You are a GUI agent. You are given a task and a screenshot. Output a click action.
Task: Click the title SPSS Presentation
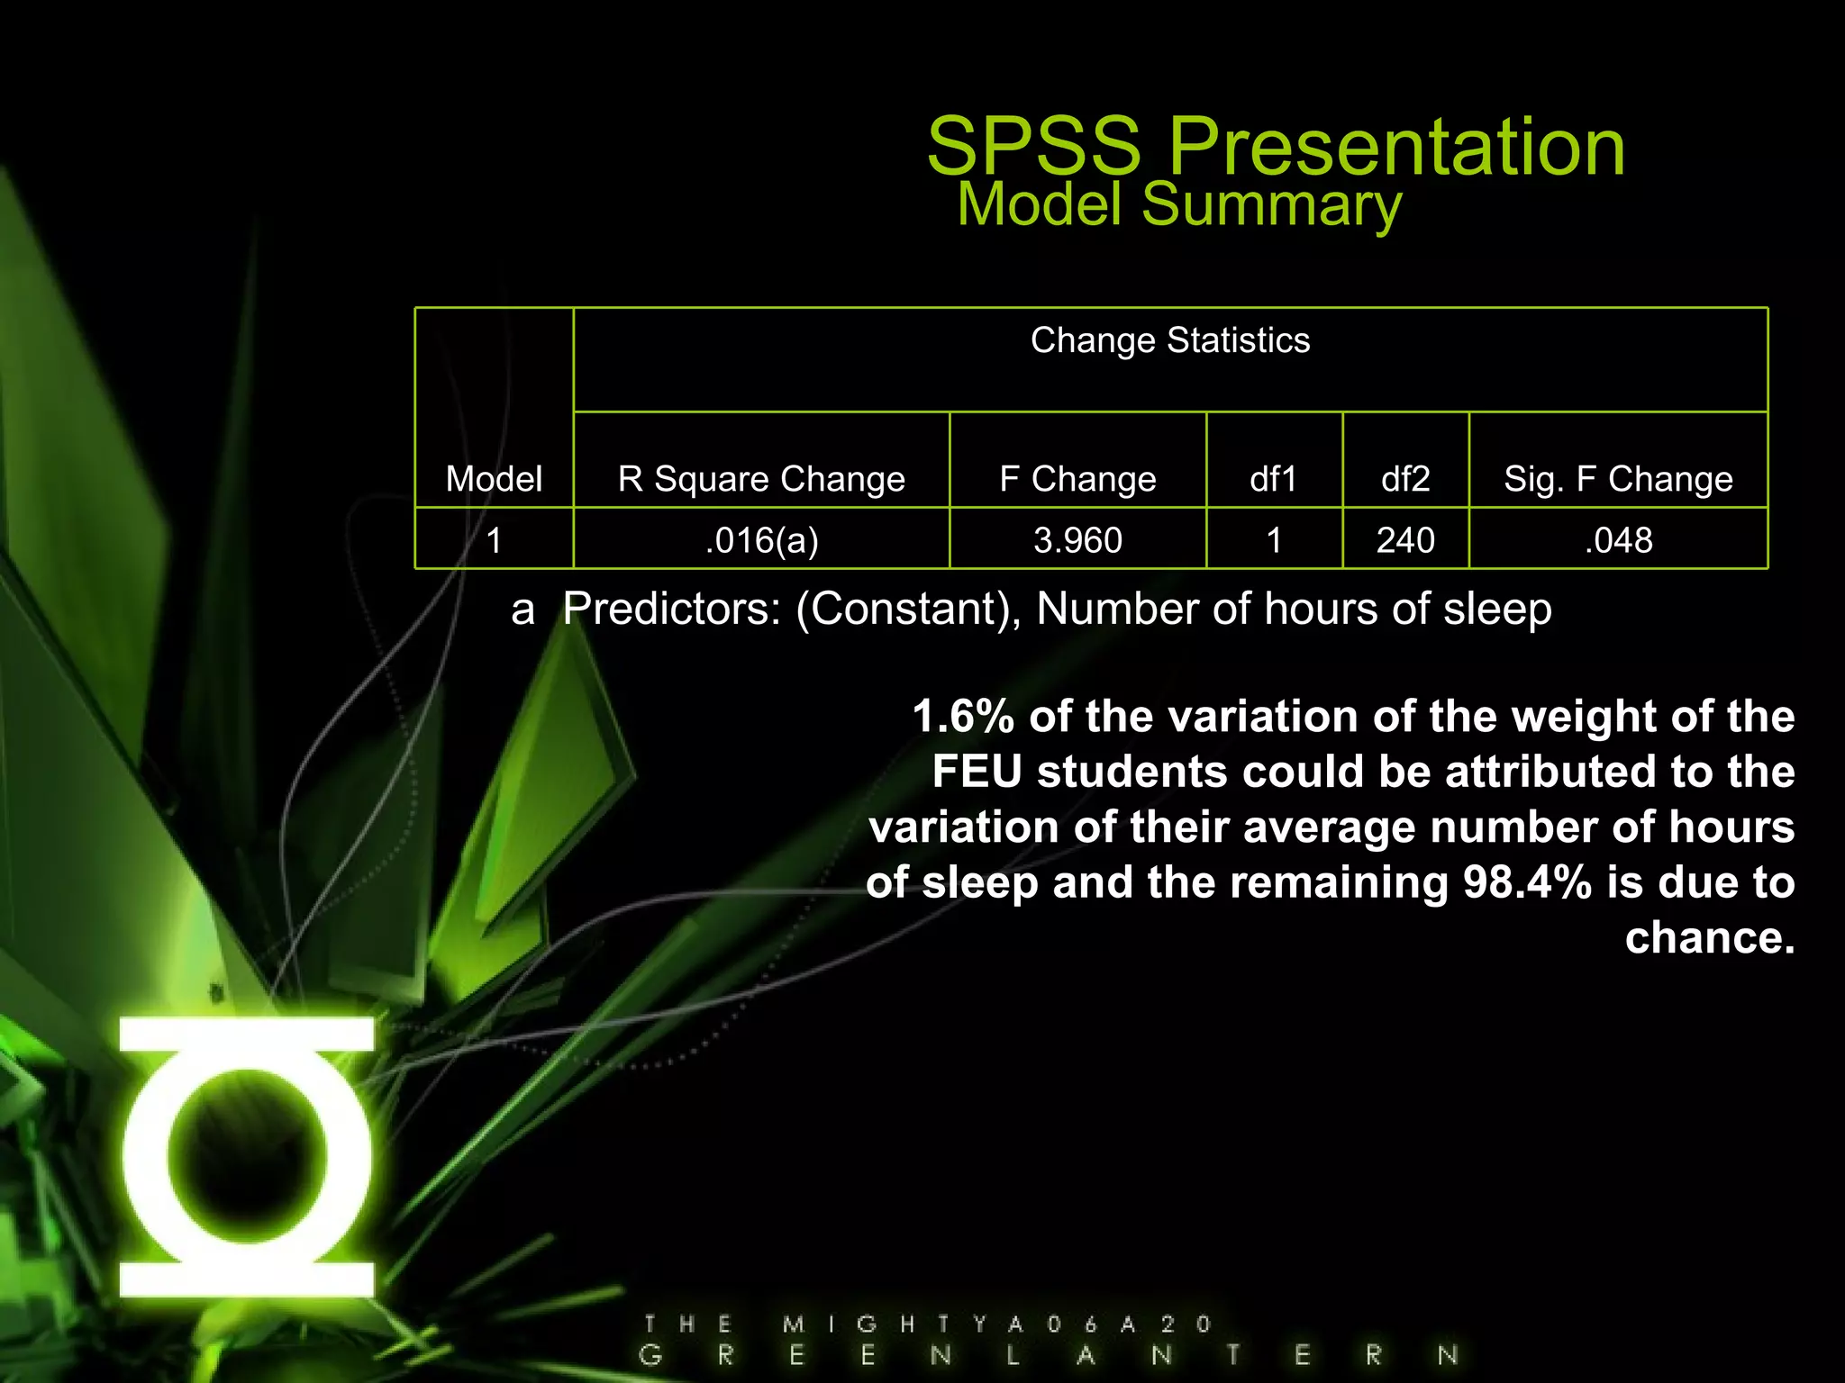pos(1276,146)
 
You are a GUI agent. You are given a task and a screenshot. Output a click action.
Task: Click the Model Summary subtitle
pos(1178,205)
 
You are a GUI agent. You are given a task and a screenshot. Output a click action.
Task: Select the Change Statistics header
pos(1169,341)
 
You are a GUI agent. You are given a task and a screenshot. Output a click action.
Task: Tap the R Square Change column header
pos(761,479)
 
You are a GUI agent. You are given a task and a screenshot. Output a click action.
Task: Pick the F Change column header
pos(1077,479)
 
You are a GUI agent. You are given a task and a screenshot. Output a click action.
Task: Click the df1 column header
pos(1273,479)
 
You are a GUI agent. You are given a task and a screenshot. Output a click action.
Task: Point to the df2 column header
pos(1404,479)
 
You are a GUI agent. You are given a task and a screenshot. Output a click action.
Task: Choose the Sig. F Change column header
pos(1618,479)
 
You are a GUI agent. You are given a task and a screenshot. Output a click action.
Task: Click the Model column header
pos(494,479)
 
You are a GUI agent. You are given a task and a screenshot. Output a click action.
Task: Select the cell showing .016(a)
pos(761,540)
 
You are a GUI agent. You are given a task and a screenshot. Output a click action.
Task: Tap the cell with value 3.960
pos(1077,540)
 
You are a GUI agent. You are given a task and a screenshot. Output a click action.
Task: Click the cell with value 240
pos(1404,540)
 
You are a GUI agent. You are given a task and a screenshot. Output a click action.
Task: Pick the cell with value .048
pos(1618,540)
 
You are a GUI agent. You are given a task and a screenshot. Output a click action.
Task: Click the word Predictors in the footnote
pos(672,610)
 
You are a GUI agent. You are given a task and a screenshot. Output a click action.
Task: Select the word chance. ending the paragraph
pos(1709,938)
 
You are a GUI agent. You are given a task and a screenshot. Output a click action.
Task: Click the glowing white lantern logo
pos(247,1157)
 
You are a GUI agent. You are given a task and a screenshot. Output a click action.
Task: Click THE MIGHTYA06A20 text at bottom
pos(928,1324)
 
